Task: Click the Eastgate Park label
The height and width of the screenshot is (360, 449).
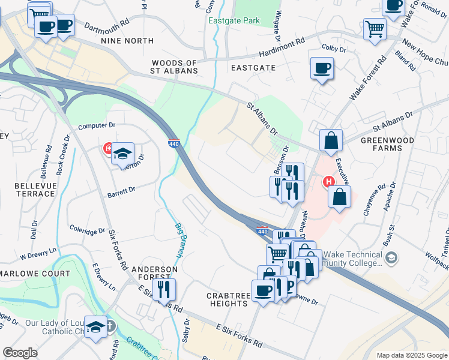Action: (x=234, y=20)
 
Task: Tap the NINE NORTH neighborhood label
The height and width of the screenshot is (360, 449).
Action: (x=127, y=41)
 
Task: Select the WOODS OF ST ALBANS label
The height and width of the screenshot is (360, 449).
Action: (x=175, y=67)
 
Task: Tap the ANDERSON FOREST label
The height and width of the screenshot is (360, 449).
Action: (x=155, y=274)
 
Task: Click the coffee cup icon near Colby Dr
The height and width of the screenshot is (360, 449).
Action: (x=322, y=68)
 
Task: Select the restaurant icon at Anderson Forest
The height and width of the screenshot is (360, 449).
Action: (x=163, y=289)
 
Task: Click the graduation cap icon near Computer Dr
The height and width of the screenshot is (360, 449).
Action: (x=122, y=154)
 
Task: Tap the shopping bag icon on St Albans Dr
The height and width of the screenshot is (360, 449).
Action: (x=331, y=141)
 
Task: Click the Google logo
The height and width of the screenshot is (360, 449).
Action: (x=20, y=353)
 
